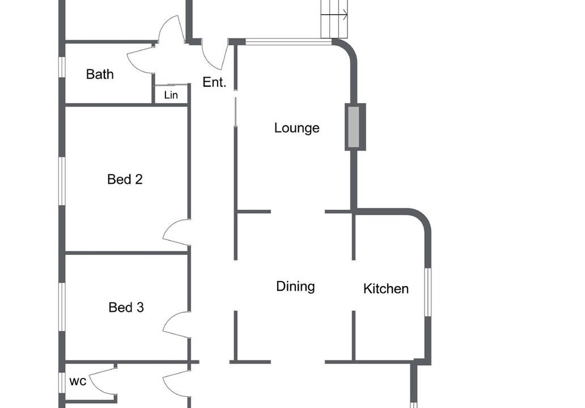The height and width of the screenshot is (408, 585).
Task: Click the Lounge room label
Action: coord(296,128)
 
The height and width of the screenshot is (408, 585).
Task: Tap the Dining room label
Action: coord(295,286)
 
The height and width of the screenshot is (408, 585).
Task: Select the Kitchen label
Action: coord(386,288)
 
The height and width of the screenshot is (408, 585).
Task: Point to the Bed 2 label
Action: coord(125,180)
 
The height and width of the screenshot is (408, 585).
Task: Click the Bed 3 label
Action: coord(126,307)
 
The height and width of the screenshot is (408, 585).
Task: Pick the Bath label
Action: coord(100,74)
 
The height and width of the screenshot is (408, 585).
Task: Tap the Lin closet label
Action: coord(171,95)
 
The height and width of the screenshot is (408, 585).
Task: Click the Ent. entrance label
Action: coord(214,82)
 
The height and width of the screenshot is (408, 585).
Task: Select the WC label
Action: coord(78,381)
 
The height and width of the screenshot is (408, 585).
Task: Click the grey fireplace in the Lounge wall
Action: coord(354,127)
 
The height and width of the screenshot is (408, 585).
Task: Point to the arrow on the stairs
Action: coord(334,15)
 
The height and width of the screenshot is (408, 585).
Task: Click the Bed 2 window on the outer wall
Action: coord(62,181)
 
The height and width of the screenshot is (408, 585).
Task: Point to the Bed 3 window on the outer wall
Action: coord(62,307)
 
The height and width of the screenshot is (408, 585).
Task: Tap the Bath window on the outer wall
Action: coord(62,67)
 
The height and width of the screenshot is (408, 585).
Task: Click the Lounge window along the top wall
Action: coord(289,42)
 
